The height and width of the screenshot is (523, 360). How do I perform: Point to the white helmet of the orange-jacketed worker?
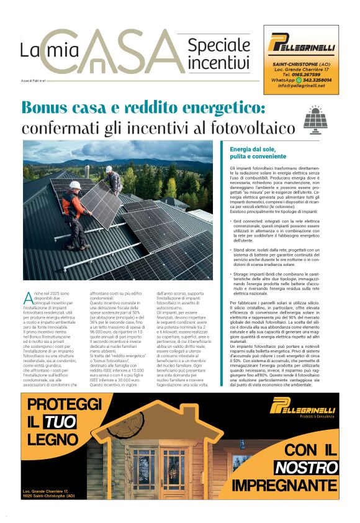coord(74,185)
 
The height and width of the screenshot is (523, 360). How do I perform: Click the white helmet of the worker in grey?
coord(109,168)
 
